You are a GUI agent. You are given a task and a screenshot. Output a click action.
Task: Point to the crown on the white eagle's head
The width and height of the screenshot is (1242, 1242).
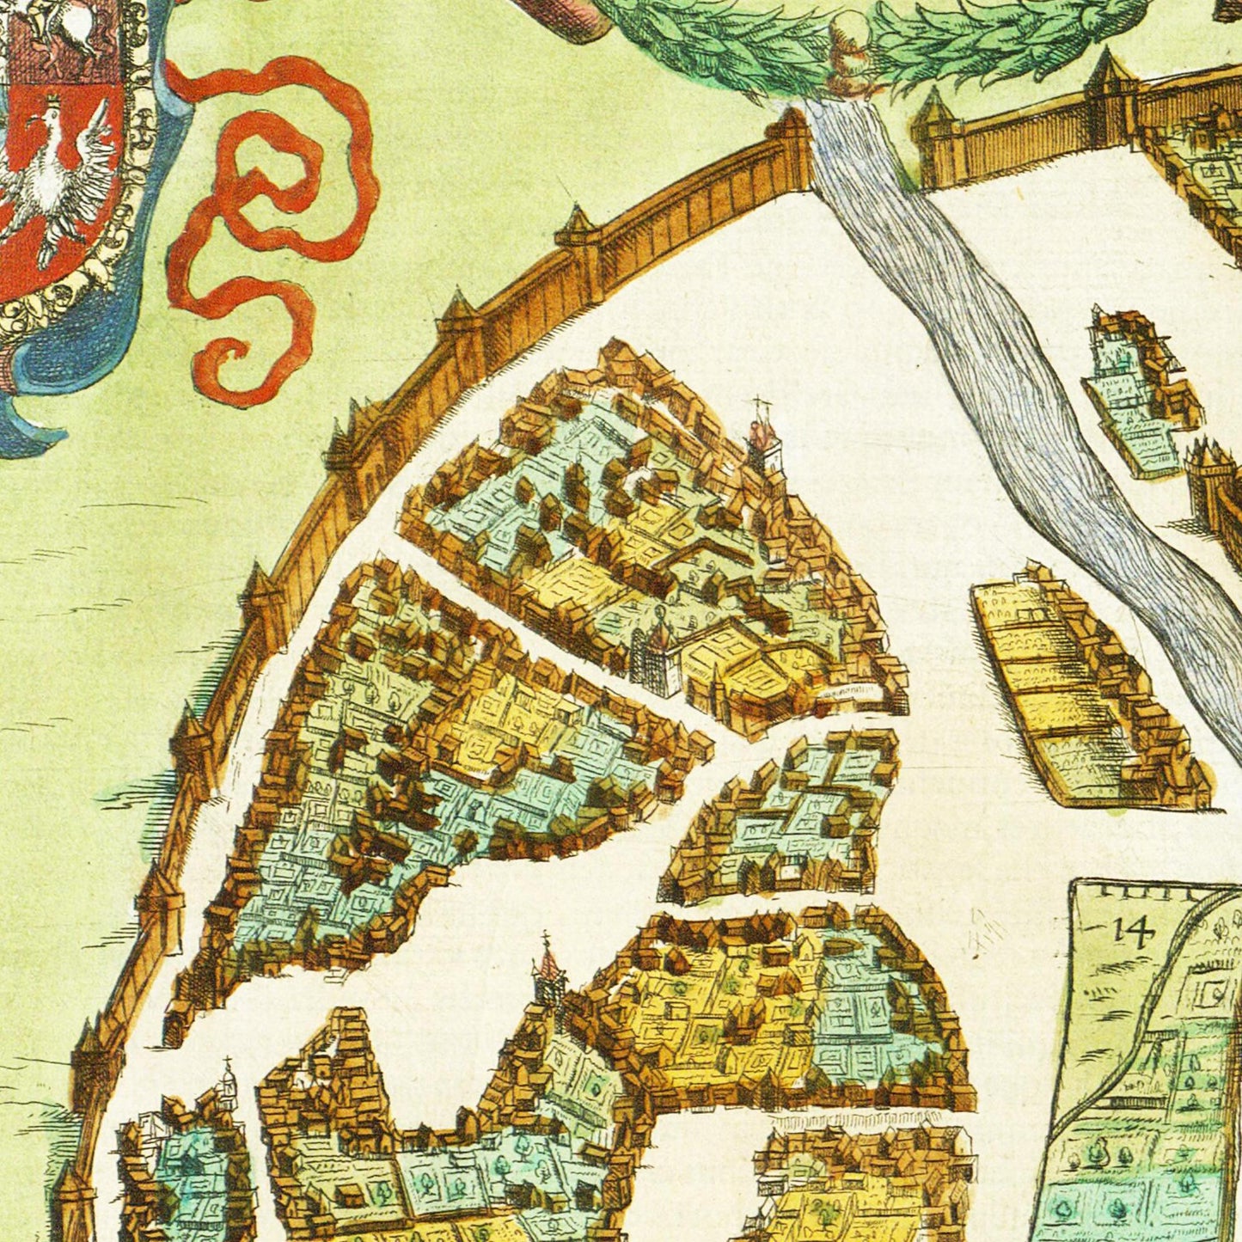coord(53,103)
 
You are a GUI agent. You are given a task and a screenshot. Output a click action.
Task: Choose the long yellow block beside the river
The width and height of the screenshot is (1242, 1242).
coord(1083,688)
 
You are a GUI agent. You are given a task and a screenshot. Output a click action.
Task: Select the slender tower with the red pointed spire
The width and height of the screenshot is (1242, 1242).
coord(548,976)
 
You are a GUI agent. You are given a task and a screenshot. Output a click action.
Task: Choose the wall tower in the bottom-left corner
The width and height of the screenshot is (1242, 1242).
coord(73,1203)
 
